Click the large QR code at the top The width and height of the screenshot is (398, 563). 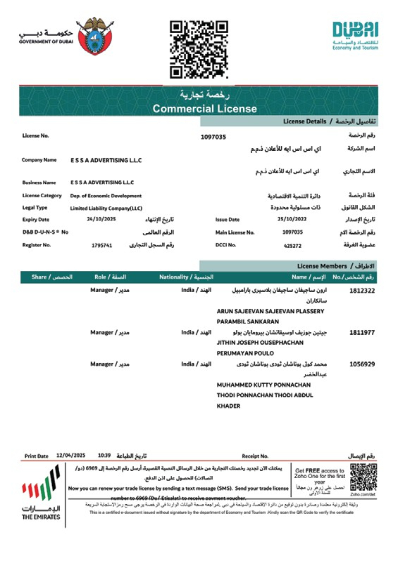199,50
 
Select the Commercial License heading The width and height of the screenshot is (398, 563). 205,109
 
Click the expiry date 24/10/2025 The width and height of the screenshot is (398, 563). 101,219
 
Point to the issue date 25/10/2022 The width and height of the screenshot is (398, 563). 292,219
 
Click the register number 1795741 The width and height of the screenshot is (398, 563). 102,245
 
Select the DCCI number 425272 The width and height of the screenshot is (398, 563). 292,246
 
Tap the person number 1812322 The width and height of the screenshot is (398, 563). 362,291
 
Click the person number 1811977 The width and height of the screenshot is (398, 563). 362,333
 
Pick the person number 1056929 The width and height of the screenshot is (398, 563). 362,364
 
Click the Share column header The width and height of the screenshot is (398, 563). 52,277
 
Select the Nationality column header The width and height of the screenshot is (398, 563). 186,277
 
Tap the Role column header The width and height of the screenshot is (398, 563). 110,277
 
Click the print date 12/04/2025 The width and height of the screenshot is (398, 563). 71,456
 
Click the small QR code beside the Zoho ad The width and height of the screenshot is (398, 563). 363,478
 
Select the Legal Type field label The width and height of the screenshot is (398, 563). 35,208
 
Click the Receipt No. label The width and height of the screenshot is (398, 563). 255,456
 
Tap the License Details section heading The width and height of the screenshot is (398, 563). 329,121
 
